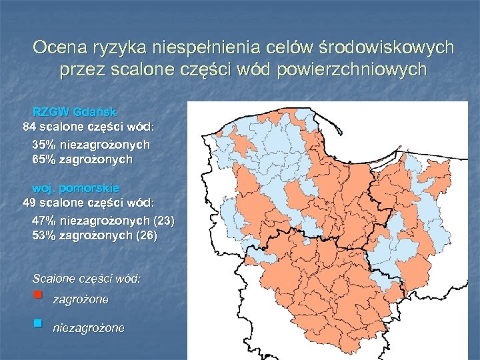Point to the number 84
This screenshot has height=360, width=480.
29,127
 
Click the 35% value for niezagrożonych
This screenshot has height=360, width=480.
44,145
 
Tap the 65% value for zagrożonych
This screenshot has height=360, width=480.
44,160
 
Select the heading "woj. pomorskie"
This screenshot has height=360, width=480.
76,189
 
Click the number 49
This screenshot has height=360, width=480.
29,203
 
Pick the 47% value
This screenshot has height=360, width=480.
44,220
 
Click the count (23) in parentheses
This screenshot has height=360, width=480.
164,220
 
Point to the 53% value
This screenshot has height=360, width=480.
44,235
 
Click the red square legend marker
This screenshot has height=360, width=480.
38,294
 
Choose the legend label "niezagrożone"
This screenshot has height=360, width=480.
88,328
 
